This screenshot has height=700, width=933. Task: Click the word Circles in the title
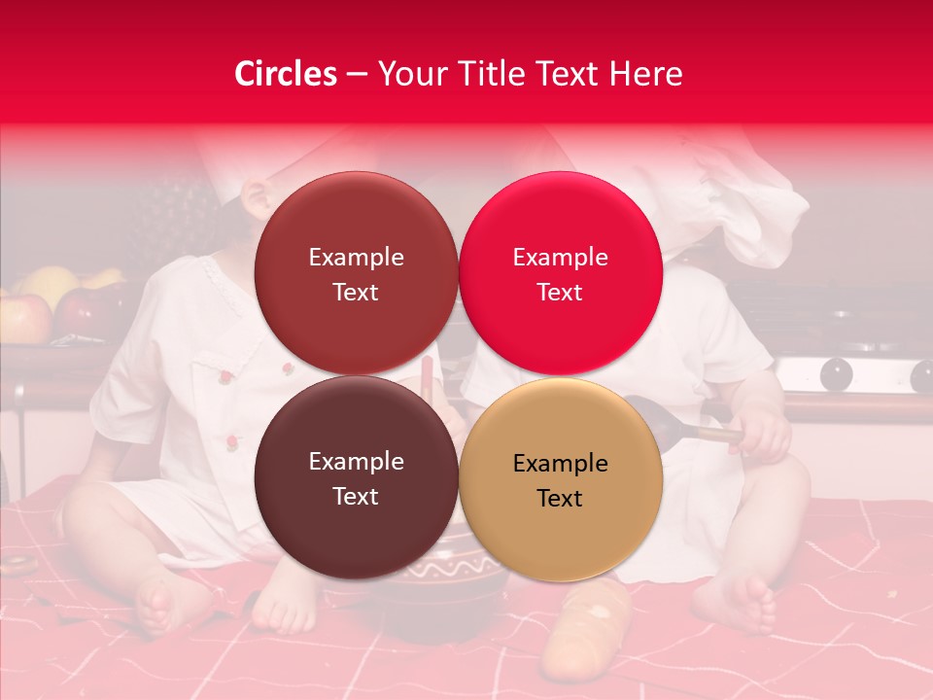click(x=286, y=74)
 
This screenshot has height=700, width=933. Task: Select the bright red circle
click(x=561, y=273)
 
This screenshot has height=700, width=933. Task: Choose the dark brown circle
click(x=356, y=477)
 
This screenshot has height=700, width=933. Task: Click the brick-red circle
click(x=356, y=273)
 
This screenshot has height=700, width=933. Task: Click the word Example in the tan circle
click(x=560, y=463)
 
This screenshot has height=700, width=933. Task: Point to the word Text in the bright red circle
click(x=560, y=293)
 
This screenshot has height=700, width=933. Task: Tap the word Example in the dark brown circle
click(x=356, y=461)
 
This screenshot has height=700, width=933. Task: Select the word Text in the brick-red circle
click(x=356, y=293)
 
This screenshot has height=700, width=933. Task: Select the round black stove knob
click(x=836, y=374)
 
